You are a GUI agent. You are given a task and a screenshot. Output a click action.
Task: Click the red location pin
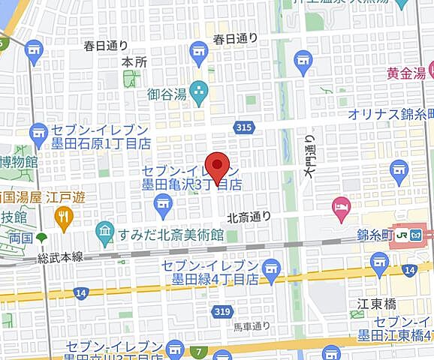(218, 167)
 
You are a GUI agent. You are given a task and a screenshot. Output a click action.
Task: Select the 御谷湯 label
(166, 94)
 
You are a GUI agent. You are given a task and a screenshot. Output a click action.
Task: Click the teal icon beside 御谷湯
(198, 94)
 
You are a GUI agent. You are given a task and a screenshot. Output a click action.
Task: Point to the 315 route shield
(243, 128)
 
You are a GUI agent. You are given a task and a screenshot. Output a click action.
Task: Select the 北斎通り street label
(249, 217)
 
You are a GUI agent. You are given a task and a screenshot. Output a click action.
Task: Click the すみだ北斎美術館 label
(170, 235)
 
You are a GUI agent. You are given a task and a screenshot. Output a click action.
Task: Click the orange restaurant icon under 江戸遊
(63, 218)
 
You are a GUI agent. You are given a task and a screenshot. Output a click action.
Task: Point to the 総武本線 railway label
(62, 257)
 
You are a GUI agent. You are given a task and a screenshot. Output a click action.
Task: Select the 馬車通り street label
(251, 326)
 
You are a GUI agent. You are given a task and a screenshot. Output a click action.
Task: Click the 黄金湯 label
(406, 73)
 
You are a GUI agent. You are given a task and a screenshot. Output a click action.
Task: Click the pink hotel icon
(341, 208)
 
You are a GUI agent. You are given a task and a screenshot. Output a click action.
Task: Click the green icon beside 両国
(41, 237)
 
